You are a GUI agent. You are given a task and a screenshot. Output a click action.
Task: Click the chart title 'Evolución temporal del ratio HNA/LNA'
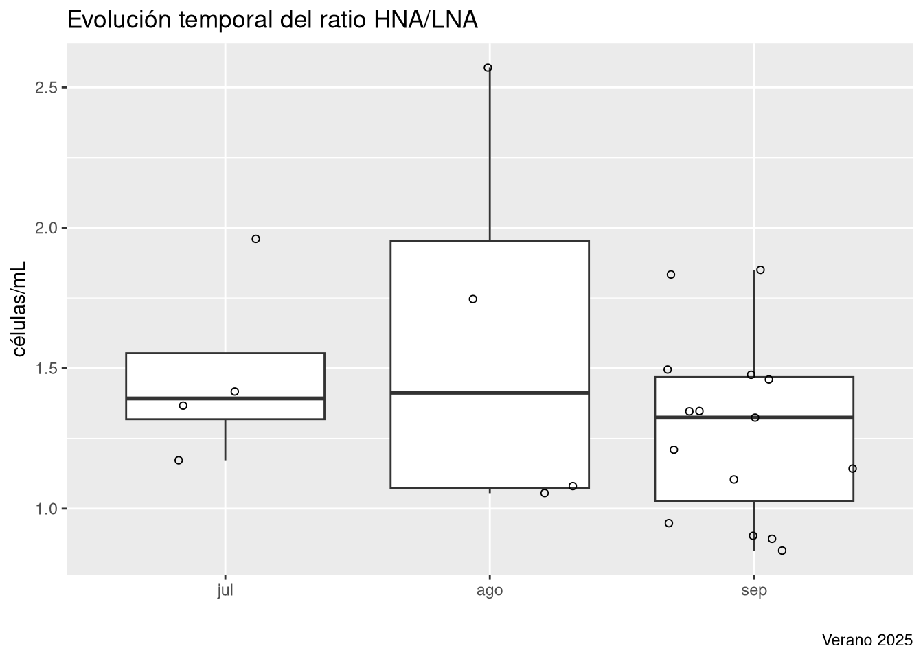(272, 21)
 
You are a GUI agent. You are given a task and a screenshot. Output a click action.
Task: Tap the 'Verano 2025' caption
(867, 640)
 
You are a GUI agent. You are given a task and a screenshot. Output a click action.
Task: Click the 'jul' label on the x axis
(225, 591)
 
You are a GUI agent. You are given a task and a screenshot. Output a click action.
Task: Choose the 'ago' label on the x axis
(490, 591)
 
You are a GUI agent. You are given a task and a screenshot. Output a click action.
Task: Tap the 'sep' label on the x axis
(754, 591)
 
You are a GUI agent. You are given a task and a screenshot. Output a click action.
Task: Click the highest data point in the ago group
(488, 68)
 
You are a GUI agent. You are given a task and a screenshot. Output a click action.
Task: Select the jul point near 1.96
(255, 239)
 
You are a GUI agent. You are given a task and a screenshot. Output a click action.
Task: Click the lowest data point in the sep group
(782, 551)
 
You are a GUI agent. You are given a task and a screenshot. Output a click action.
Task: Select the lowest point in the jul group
(179, 461)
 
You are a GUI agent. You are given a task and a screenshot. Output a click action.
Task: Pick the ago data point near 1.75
(472, 299)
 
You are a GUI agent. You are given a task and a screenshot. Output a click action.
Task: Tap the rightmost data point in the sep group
(852, 469)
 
